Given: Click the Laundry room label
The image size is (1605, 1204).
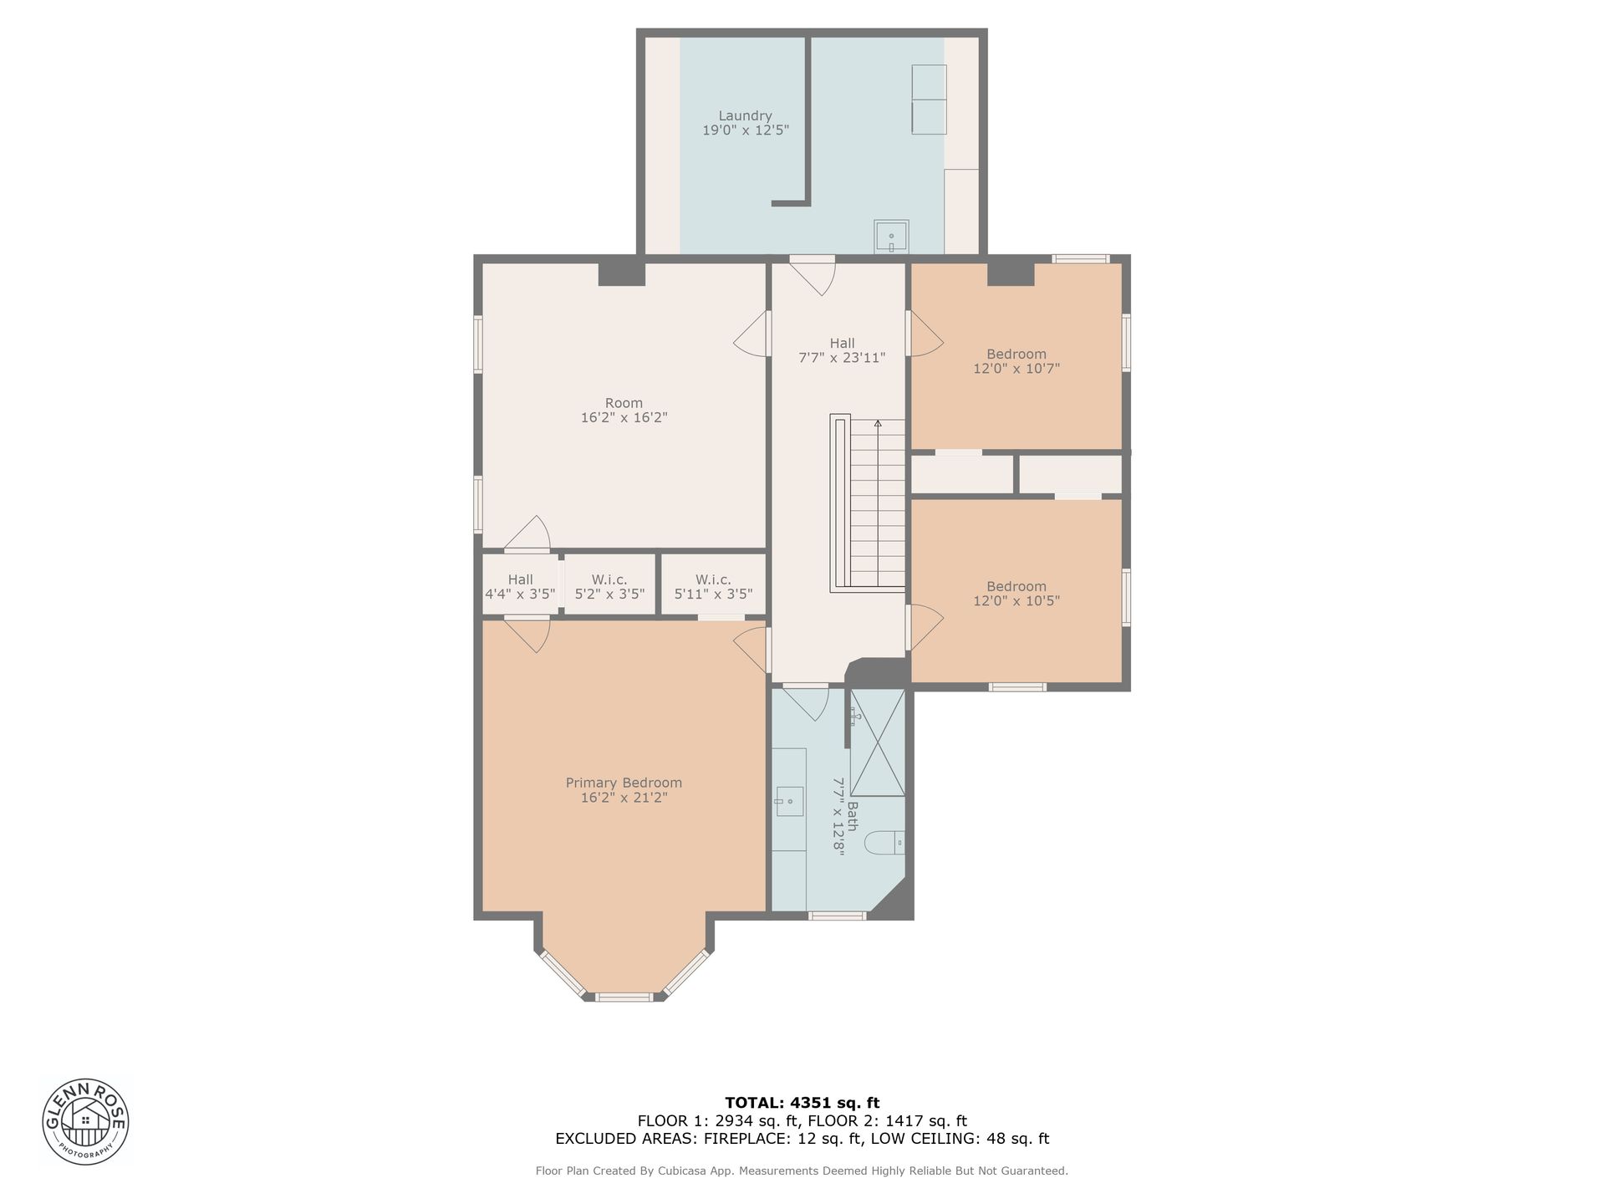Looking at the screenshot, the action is pos(746,123).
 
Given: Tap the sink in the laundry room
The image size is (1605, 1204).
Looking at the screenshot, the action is pos(892,237).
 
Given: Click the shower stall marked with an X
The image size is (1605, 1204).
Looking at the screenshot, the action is pos(878,742).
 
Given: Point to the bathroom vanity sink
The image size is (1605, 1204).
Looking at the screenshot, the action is pos(788,801).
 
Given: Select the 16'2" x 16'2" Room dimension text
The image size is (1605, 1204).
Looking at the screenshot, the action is pos(624,417).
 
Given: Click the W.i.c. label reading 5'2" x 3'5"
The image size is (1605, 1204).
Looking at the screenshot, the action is pos(609,587).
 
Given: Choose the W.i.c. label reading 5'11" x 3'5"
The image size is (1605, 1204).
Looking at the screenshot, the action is pos(713,587).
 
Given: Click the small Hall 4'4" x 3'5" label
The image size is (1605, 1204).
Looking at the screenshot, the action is pos(520,587).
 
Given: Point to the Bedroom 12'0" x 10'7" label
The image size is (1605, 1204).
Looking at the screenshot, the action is pos(1016,361).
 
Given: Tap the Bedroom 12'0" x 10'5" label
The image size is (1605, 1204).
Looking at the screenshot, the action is pos(1016,594).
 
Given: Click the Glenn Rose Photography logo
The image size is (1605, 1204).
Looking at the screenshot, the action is pos(86,1120).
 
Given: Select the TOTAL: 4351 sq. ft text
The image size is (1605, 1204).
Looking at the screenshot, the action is pos(802,1103).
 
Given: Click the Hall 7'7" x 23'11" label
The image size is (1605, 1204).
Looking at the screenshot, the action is pos(842,350).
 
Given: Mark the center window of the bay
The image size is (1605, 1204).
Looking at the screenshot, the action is pos(624,997).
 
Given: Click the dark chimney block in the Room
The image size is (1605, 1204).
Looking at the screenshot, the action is pos(622,274).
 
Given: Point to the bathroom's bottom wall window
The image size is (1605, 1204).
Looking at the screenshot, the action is pos(838,916).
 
